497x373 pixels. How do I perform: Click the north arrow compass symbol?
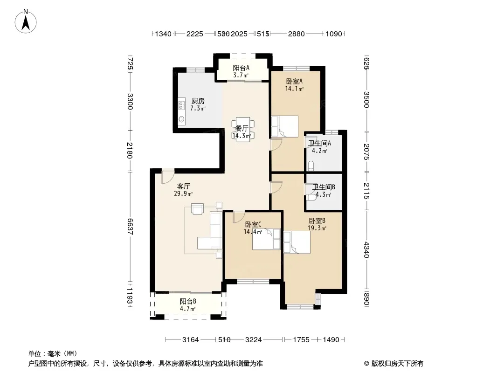point(26,21)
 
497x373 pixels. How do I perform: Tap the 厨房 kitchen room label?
point(198,101)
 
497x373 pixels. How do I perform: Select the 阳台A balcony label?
point(241,68)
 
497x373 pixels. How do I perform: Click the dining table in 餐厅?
point(243,129)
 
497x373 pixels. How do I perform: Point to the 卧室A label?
point(294,82)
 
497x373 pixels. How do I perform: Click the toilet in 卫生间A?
point(311,166)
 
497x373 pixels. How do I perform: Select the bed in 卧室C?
point(266,239)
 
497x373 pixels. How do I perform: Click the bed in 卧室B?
point(297,242)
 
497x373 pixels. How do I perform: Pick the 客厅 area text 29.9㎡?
point(183,193)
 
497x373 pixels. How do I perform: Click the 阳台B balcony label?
point(187,301)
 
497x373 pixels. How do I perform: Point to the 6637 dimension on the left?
point(130,227)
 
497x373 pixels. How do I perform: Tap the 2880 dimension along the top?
point(297,34)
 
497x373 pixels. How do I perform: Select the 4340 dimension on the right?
point(366,250)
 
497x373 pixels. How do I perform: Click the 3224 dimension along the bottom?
point(254,340)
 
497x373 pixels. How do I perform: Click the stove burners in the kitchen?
point(181,105)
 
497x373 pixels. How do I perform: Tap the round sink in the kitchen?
point(182,119)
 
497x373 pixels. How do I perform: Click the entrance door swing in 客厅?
point(167,177)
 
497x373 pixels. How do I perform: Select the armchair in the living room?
point(197,209)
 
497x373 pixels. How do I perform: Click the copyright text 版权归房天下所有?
point(397,364)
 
